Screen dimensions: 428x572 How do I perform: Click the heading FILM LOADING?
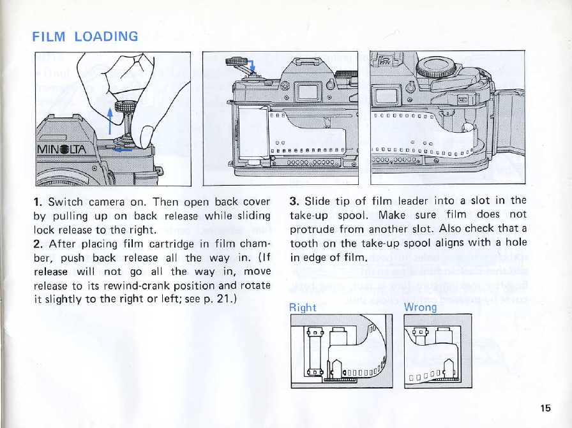tap(85, 36)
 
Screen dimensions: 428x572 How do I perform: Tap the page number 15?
tap(545, 408)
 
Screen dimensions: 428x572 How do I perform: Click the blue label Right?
tap(303, 307)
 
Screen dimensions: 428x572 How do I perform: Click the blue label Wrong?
tap(420, 307)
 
